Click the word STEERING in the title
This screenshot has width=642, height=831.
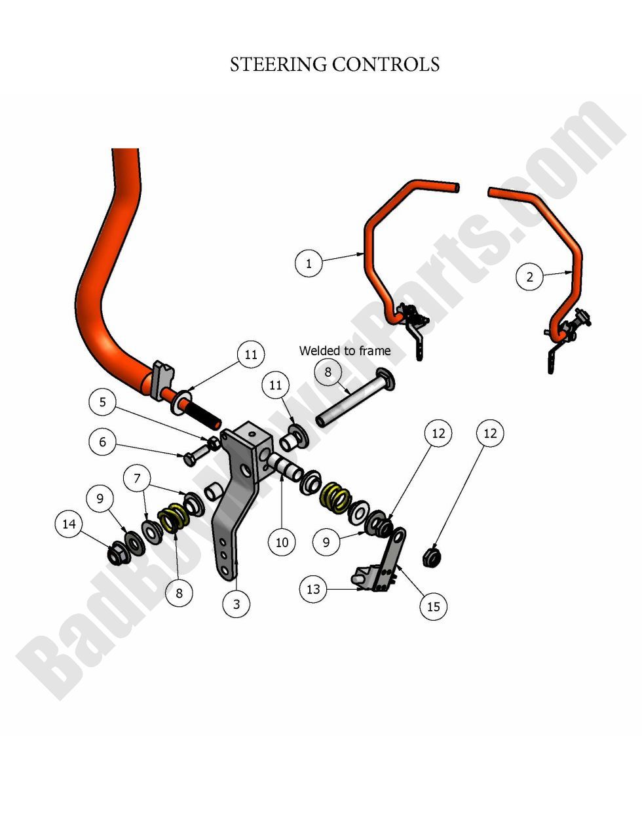pos(278,65)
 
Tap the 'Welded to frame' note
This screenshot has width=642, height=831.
pos(345,351)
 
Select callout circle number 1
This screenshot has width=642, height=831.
pos(309,264)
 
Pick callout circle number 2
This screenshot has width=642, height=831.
pos(530,277)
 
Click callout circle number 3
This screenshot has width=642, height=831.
pos(236,604)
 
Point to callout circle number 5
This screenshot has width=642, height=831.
pos(102,401)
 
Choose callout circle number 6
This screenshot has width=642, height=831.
pos(102,442)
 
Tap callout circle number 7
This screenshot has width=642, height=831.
pos(137,478)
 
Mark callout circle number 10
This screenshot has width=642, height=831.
pos(282,542)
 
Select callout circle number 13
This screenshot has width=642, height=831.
pos(313,589)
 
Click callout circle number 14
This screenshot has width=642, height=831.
pos(69,524)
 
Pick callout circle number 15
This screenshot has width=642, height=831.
pos(434,606)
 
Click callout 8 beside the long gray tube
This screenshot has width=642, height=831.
pos(328,372)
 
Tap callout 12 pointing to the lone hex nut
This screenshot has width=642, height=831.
pos(490,433)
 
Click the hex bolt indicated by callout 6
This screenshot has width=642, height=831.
pos(191,458)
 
